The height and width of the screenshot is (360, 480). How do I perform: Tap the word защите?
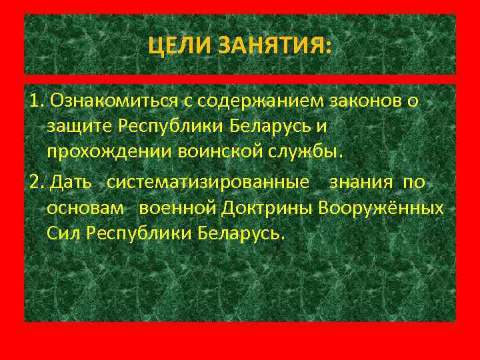[x=79, y=125]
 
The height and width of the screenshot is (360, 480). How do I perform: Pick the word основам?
[x=85, y=208]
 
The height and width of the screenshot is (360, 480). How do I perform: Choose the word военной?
[x=179, y=208]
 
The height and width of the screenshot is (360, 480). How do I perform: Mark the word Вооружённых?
[x=382, y=208]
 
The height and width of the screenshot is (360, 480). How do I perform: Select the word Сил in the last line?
[x=62, y=233]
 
